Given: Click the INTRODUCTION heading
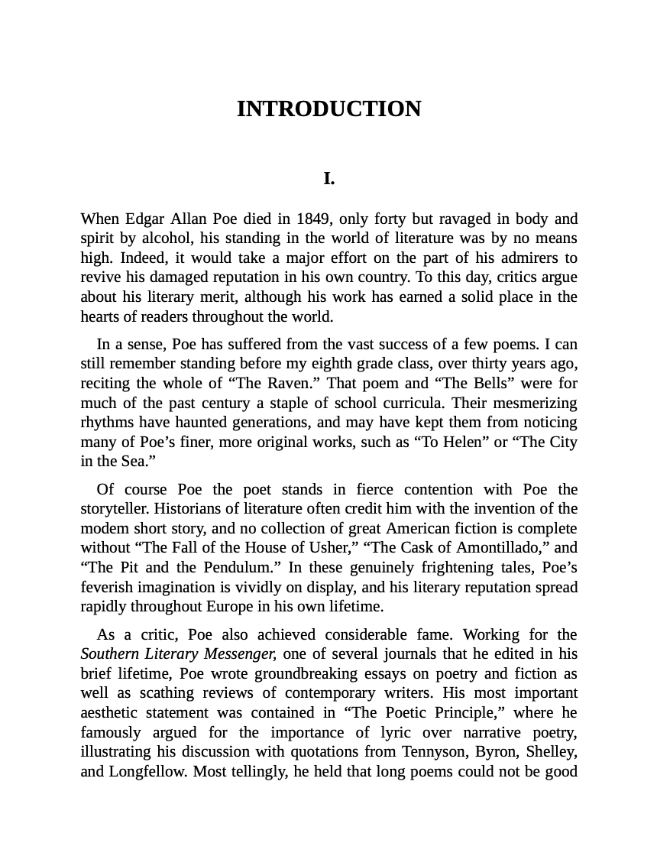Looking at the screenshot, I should coord(328,109).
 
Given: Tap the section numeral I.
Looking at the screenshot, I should coord(328,179).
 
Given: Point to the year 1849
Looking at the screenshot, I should coord(313,219).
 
